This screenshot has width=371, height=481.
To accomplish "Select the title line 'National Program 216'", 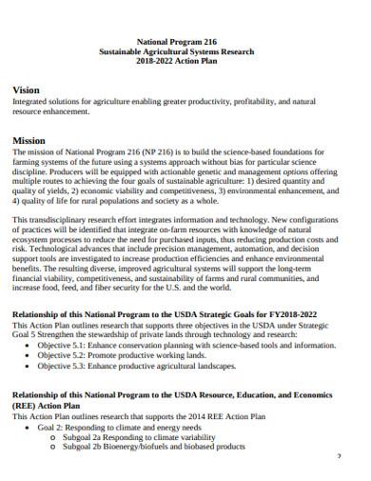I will [x=186, y=41].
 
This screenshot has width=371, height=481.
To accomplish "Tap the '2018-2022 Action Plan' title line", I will [x=186, y=63].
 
